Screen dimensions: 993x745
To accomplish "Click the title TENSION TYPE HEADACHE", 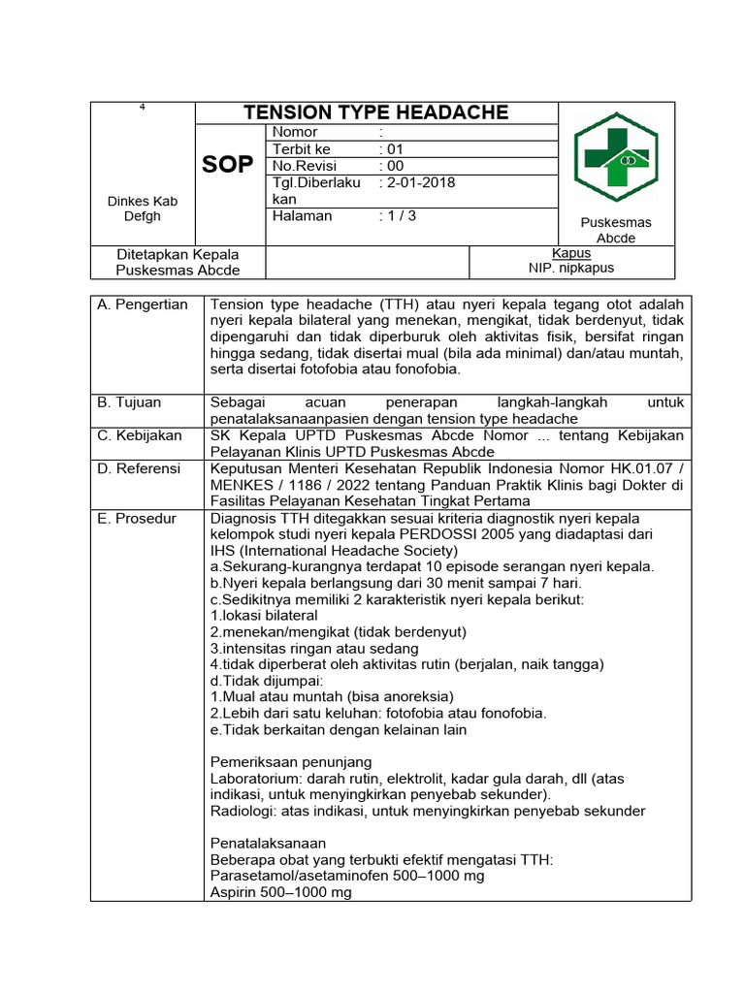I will coord(375,112).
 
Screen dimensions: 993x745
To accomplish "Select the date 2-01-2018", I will coord(419,182).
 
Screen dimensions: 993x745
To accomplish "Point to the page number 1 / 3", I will coord(400,215).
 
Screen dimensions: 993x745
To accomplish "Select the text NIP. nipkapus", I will coord(570,268).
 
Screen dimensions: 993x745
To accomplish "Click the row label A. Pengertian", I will coord(143,304).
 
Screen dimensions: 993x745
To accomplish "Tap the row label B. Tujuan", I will coord(130,401).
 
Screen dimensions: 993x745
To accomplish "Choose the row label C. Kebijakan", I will coord(140,435).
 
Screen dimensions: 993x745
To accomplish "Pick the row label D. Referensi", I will coord(140,468).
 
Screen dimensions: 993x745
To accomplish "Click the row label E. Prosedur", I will coord(137,519).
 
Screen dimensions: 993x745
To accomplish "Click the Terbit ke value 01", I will coord(394,149).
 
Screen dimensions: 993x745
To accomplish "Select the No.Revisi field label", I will coord(304,166).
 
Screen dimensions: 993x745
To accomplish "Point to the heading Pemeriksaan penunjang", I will coord(291,762).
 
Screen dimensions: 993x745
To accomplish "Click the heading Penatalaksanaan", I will coord(268,843).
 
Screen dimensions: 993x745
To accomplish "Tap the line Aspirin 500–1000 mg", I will coord(281,892).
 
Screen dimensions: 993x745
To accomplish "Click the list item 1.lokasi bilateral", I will coord(264,615).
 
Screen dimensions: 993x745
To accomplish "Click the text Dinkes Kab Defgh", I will coord(143,208).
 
